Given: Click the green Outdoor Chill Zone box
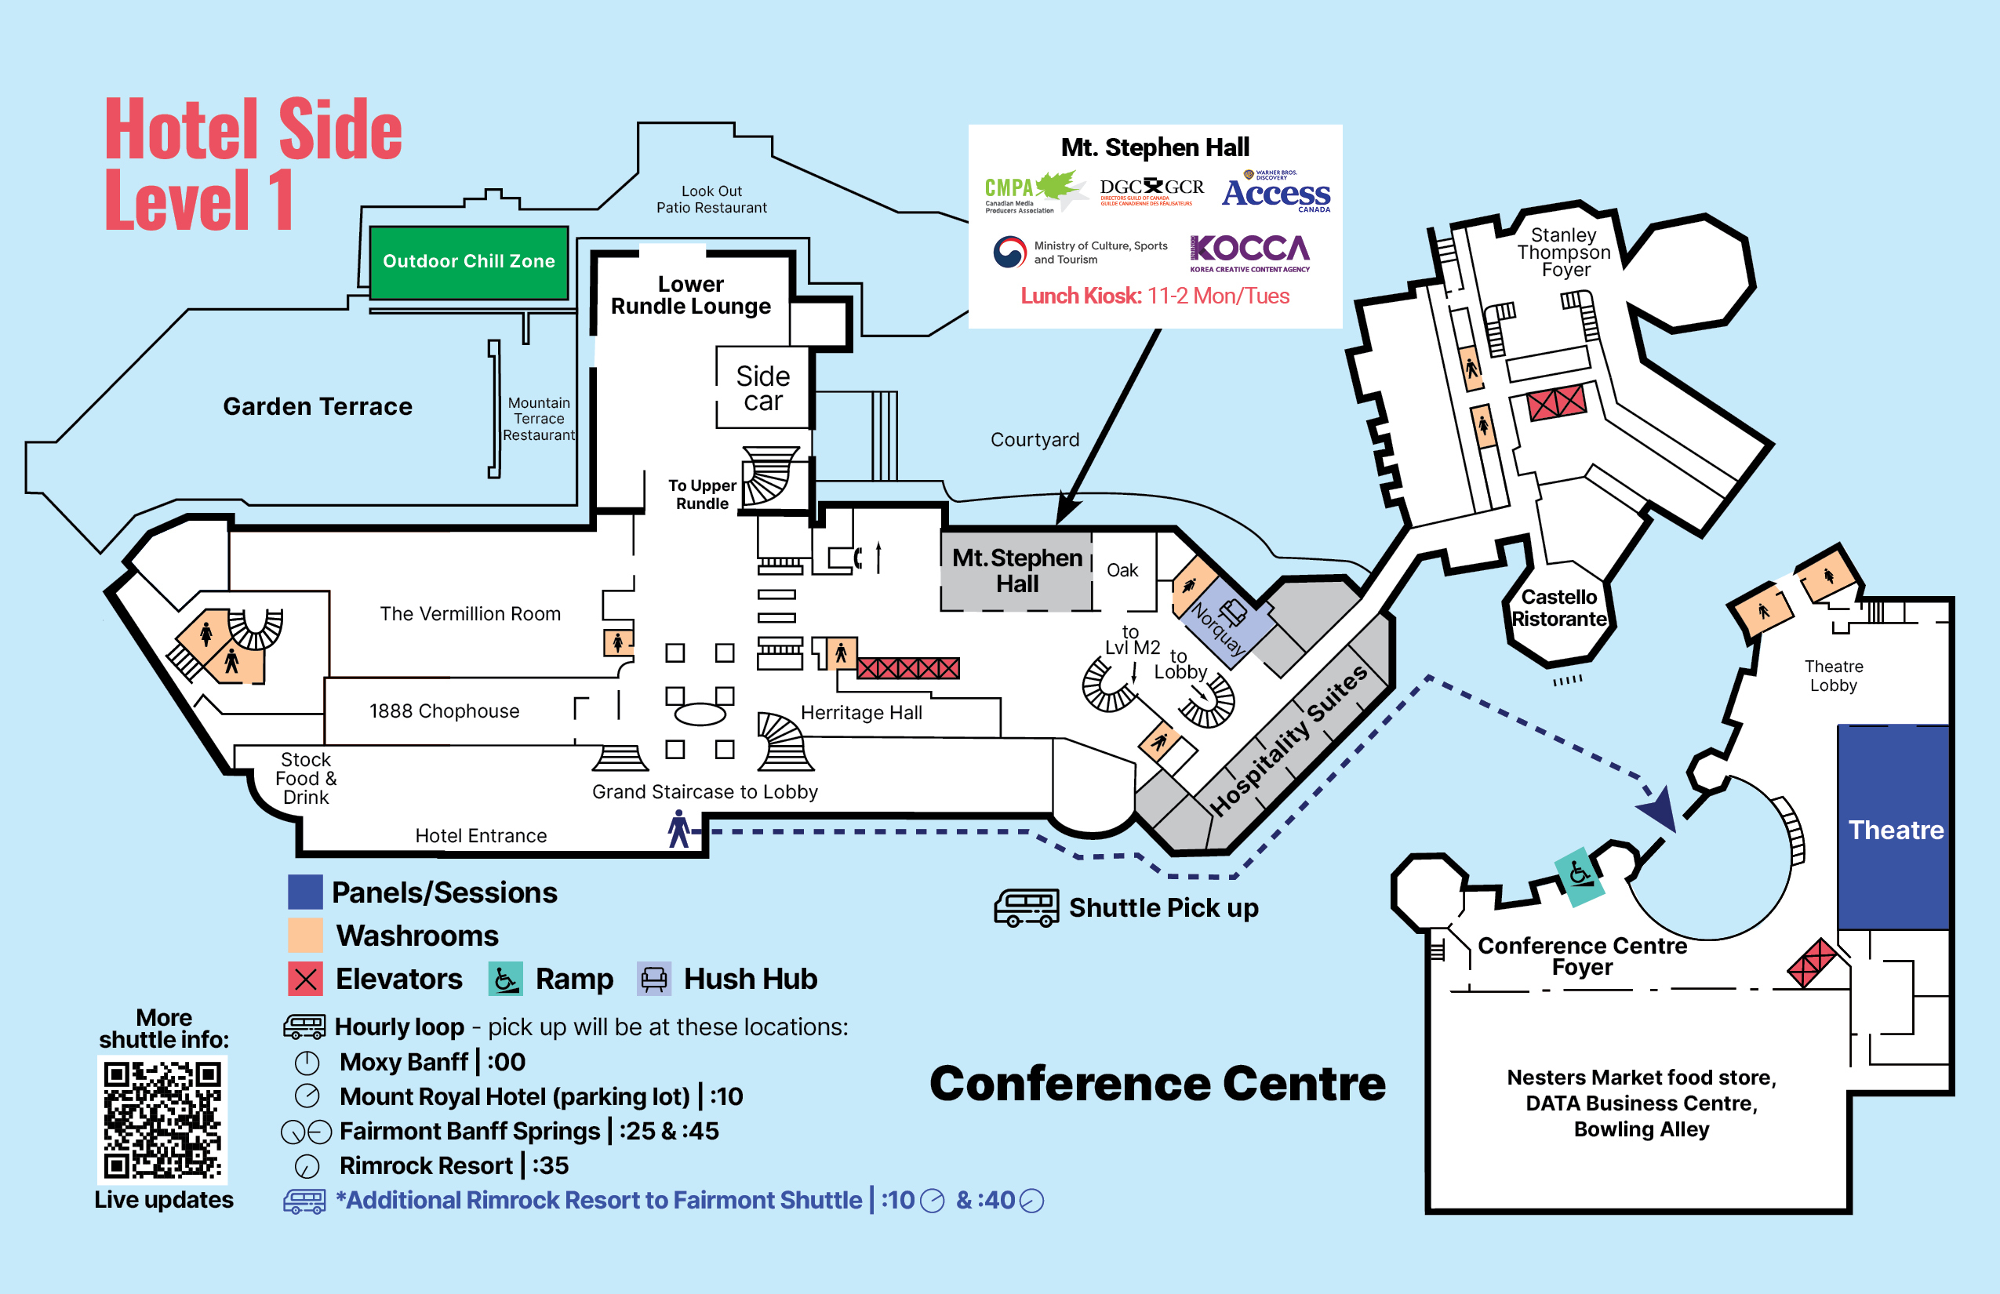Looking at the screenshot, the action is pos(469,261).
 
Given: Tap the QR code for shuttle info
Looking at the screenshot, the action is pos(163,1119).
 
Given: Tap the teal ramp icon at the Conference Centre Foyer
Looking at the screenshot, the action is pos(1578,875).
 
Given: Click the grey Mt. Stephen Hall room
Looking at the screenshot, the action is pos(1016,571).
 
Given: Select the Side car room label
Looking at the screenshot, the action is pos(762,388).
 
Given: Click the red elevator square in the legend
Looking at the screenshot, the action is pos(305,979).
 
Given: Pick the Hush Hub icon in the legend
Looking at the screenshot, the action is pos(654,979).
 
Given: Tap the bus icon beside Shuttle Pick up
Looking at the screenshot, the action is pos(1026,908).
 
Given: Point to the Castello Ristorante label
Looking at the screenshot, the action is pos(1559,608).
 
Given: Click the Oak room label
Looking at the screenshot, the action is pos(1122,571).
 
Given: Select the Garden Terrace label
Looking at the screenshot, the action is pos(318,407).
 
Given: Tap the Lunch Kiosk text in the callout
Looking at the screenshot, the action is pos(1155,296).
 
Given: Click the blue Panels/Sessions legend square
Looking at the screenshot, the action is pos(305,892).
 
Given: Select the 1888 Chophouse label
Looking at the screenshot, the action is pos(444,711).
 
